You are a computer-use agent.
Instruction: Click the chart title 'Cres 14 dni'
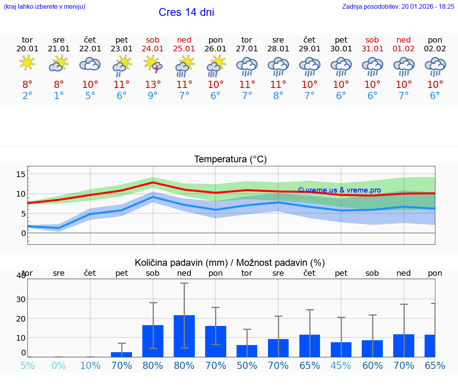click(x=186, y=12)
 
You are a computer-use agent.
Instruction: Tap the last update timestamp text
click(x=398, y=6)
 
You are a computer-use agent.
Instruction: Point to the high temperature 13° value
click(x=153, y=84)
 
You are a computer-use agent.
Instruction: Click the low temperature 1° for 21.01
click(x=59, y=96)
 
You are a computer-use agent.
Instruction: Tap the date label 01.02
click(x=404, y=49)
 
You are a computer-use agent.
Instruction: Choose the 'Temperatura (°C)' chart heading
click(x=230, y=159)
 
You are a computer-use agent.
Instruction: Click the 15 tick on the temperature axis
click(x=21, y=174)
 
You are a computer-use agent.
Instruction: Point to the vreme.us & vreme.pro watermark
click(x=339, y=190)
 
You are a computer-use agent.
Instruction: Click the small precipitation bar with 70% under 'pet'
click(x=121, y=354)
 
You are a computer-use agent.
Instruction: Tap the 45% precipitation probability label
click(x=341, y=366)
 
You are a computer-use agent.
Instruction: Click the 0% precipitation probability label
click(x=59, y=366)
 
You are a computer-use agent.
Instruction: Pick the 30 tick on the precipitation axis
click(x=21, y=299)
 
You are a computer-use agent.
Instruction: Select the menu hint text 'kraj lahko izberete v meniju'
click(x=45, y=6)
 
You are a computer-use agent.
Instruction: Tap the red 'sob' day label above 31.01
click(x=372, y=40)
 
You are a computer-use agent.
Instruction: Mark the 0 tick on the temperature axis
click(x=23, y=233)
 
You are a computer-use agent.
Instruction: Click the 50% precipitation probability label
click(x=247, y=366)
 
